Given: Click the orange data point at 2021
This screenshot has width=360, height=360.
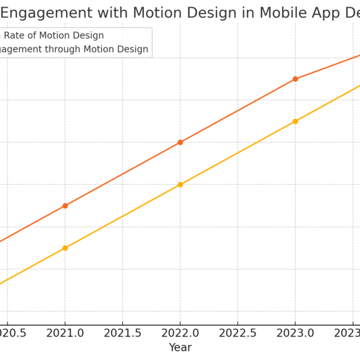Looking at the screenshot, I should point(65,206).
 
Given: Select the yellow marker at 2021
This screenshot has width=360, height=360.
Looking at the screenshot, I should point(65,248).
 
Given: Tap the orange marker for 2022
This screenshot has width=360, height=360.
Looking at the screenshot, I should point(180,142).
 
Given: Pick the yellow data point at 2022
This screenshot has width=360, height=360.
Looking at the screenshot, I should point(180,185).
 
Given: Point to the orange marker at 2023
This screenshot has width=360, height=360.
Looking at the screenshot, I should point(295,79).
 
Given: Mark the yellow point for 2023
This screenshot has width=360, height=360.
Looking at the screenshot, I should point(295,121).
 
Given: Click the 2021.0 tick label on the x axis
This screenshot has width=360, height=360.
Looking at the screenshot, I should point(65,332).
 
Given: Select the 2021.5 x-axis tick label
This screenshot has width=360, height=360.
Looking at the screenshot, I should point(122,332).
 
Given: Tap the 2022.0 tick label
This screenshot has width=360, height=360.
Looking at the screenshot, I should point(180,332).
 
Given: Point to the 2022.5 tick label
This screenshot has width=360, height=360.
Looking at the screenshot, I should point(238,332).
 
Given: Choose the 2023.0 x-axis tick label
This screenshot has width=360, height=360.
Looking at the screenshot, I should point(295,332).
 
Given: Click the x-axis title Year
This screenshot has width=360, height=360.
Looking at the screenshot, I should point(180,347).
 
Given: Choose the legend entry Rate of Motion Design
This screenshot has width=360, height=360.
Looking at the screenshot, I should point(54,35).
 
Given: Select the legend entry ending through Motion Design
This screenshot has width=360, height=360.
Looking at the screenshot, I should point(72,49).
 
